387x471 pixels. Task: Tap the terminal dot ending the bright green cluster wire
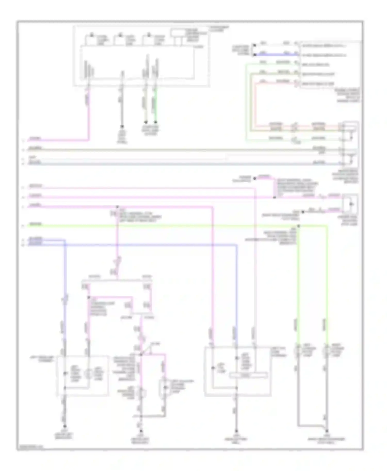point(156,122)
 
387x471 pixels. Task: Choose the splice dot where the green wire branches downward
point(299,226)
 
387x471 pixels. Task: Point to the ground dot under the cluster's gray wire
point(122,127)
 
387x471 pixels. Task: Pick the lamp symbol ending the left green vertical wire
point(297,351)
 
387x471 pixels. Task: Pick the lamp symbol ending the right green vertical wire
point(327,351)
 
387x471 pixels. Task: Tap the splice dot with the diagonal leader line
point(141,355)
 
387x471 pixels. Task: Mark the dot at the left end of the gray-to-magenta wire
point(254,178)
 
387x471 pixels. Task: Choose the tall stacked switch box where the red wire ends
point(350,144)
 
